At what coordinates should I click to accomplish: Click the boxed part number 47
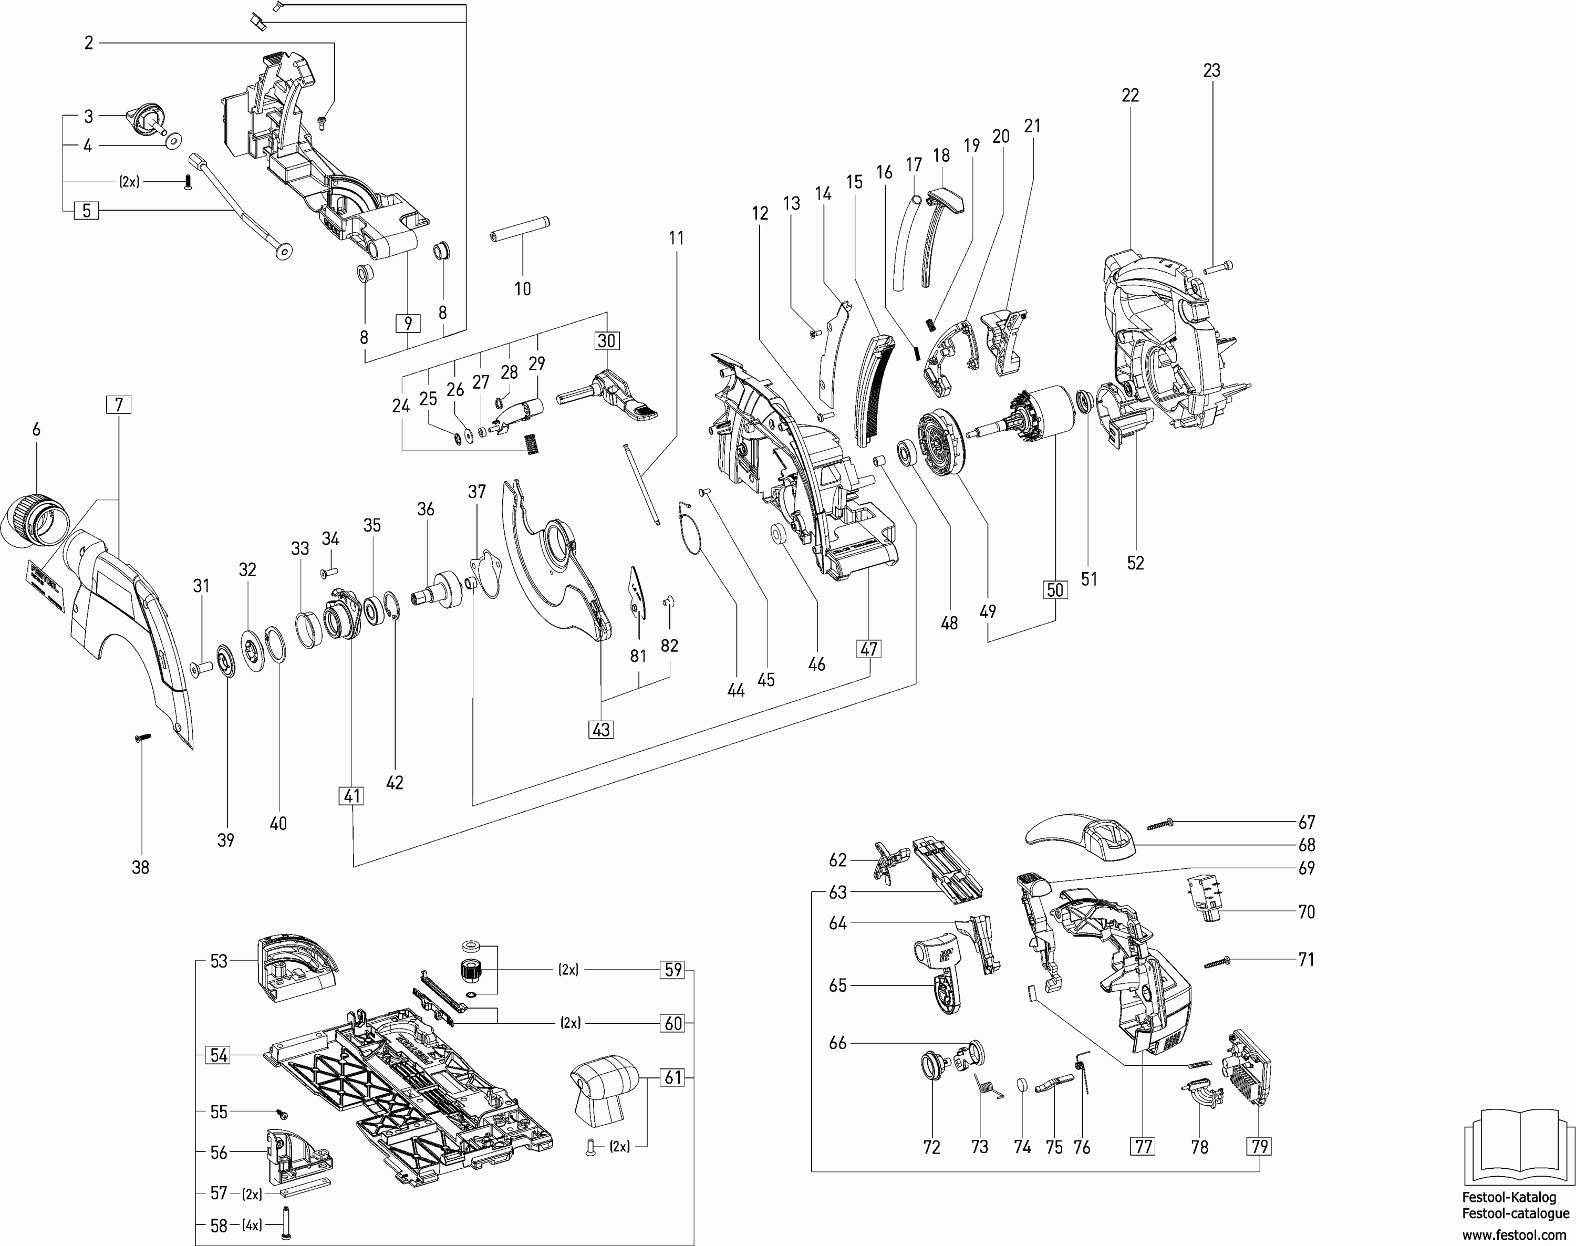click(869, 649)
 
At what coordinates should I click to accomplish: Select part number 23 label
click(1211, 71)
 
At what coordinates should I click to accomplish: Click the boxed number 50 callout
click(1055, 589)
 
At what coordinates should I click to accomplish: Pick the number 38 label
click(140, 867)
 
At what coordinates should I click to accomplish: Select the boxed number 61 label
click(673, 1077)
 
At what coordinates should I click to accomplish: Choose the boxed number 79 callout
click(1259, 1146)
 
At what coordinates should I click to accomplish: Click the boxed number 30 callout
click(606, 341)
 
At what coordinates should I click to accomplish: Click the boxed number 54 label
click(219, 1055)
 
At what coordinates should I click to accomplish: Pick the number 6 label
click(36, 430)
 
